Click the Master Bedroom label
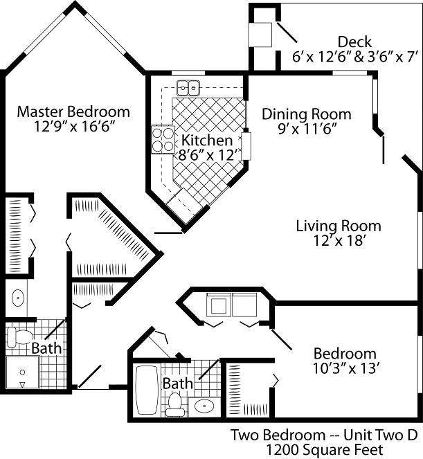point(73,111)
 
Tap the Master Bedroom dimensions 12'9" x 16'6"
point(73,127)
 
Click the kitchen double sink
point(188,88)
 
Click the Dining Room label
point(306,114)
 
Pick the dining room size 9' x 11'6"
point(306,129)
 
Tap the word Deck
point(354,42)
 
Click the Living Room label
point(338,226)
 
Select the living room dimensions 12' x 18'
point(338,241)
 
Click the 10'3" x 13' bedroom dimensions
point(345,368)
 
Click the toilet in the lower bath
point(175,404)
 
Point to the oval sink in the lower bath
point(204,406)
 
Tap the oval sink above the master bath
point(19,298)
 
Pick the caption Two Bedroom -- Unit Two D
point(323,435)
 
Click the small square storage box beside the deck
point(261,35)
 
